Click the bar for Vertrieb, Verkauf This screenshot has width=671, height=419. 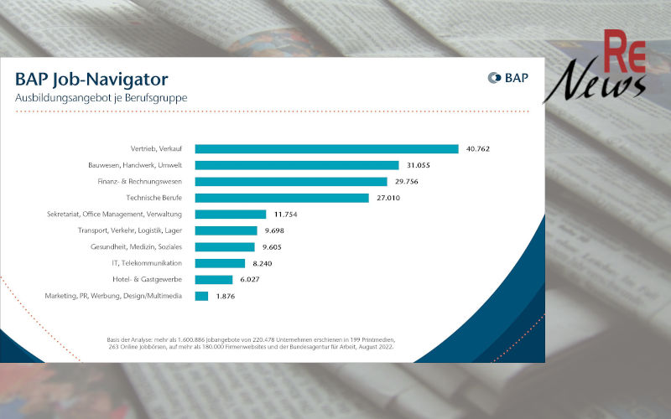coord(326,149)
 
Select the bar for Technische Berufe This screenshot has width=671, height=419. coord(282,198)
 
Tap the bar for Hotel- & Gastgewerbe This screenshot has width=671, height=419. coord(213,280)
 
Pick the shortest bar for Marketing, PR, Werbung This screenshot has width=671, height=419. coord(201,296)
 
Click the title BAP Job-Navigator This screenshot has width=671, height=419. coord(91,80)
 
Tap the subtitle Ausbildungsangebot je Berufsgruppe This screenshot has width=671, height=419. coord(101,98)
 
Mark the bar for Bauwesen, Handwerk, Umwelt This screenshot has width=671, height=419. coord(297,165)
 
